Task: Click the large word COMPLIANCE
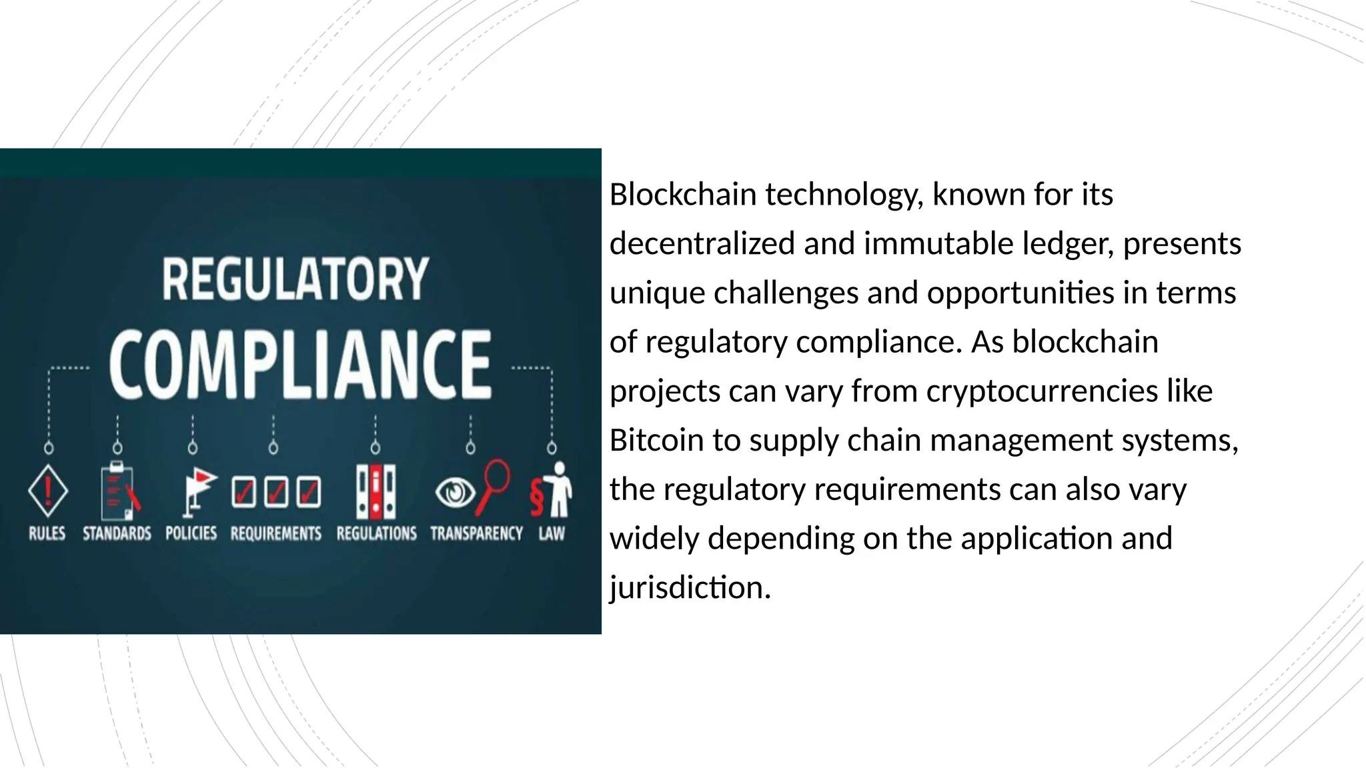point(300,365)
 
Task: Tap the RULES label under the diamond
point(47,533)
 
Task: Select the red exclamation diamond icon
point(48,491)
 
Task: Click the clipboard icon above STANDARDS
point(117,492)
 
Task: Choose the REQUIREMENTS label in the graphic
point(275,533)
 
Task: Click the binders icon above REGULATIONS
point(376,492)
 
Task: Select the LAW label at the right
point(552,533)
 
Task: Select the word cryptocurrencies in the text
point(1042,391)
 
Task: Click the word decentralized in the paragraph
point(702,243)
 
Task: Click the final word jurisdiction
point(690,588)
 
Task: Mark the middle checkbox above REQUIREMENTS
point(276,492)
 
